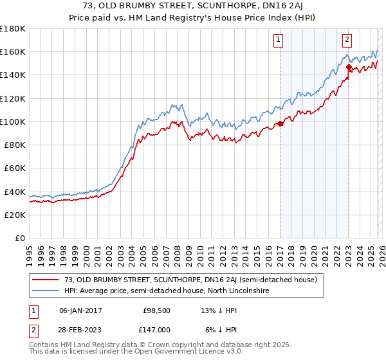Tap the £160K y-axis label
coord(13,51)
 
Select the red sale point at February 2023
coord(349,67)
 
